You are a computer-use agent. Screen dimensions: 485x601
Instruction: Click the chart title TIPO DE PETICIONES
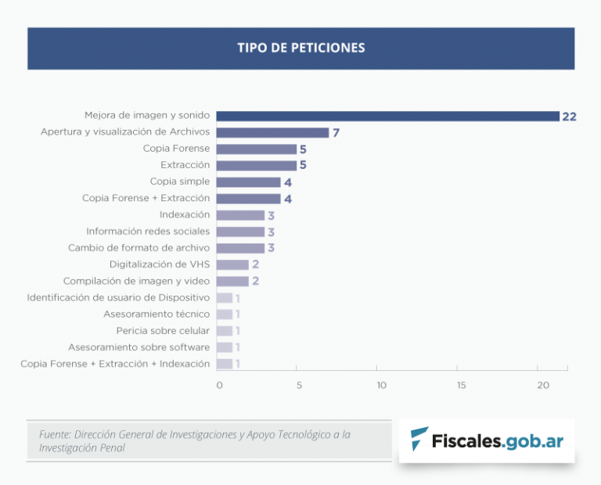pyautogui.click(x=300, y=48)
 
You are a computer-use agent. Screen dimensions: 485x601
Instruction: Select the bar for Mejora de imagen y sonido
pyautogui.click(x=387, y=116)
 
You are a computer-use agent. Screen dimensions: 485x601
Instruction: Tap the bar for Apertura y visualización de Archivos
pyautogui.click(x=272, y=132)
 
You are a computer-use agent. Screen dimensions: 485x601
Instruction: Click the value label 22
pyautogui.click(x=569, y=117)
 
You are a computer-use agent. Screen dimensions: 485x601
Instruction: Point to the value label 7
pyautogui.click(x=336, y=133)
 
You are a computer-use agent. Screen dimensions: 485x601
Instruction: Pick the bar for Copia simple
pyautogui.click(x=248, y=182)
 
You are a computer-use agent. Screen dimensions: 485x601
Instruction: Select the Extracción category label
pyautogui.click(x=185, y=165)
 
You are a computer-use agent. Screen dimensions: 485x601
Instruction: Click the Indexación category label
pyautogui.click(x=184, y=214)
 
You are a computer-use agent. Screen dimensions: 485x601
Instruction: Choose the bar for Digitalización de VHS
pyautogui.click(x=232, y=264)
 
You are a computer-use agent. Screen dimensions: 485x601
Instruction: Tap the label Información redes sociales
pyautogui.click(x=148, y=232)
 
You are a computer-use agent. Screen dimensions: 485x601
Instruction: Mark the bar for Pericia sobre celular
pyautogui.click(x=225, y=331)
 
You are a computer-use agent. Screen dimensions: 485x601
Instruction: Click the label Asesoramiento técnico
pyautogui.click(x=157, y=314)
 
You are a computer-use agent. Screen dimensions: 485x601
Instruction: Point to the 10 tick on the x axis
pyautogui.click(x=381, y=385)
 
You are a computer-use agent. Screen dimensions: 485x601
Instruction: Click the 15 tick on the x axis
pyautogui.click(x=462, y=385)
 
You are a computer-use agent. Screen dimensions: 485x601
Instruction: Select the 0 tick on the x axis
pyautogui.click(x=219, y=385)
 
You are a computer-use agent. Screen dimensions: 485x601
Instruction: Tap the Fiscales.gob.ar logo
pyautogui.click(x=486, y=440)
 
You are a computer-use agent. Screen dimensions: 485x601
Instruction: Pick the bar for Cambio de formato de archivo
pyautogui.click(x=240, y=248)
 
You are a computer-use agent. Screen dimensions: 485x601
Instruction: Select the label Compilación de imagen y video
pyautogui.click(x=136, y=281)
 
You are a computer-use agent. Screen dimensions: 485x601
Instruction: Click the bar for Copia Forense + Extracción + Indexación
pyautogui.click(x=225, y=364)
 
